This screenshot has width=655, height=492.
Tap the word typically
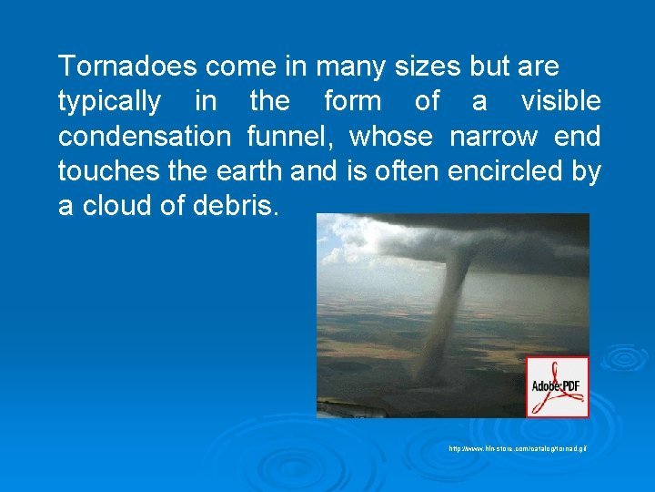coord(109,102)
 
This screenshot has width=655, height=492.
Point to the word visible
coord(560,102)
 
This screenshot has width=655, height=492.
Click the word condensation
coord(145,137)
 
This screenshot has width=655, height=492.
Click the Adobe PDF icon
coord(558,387)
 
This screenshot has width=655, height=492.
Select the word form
coord(353,102)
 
